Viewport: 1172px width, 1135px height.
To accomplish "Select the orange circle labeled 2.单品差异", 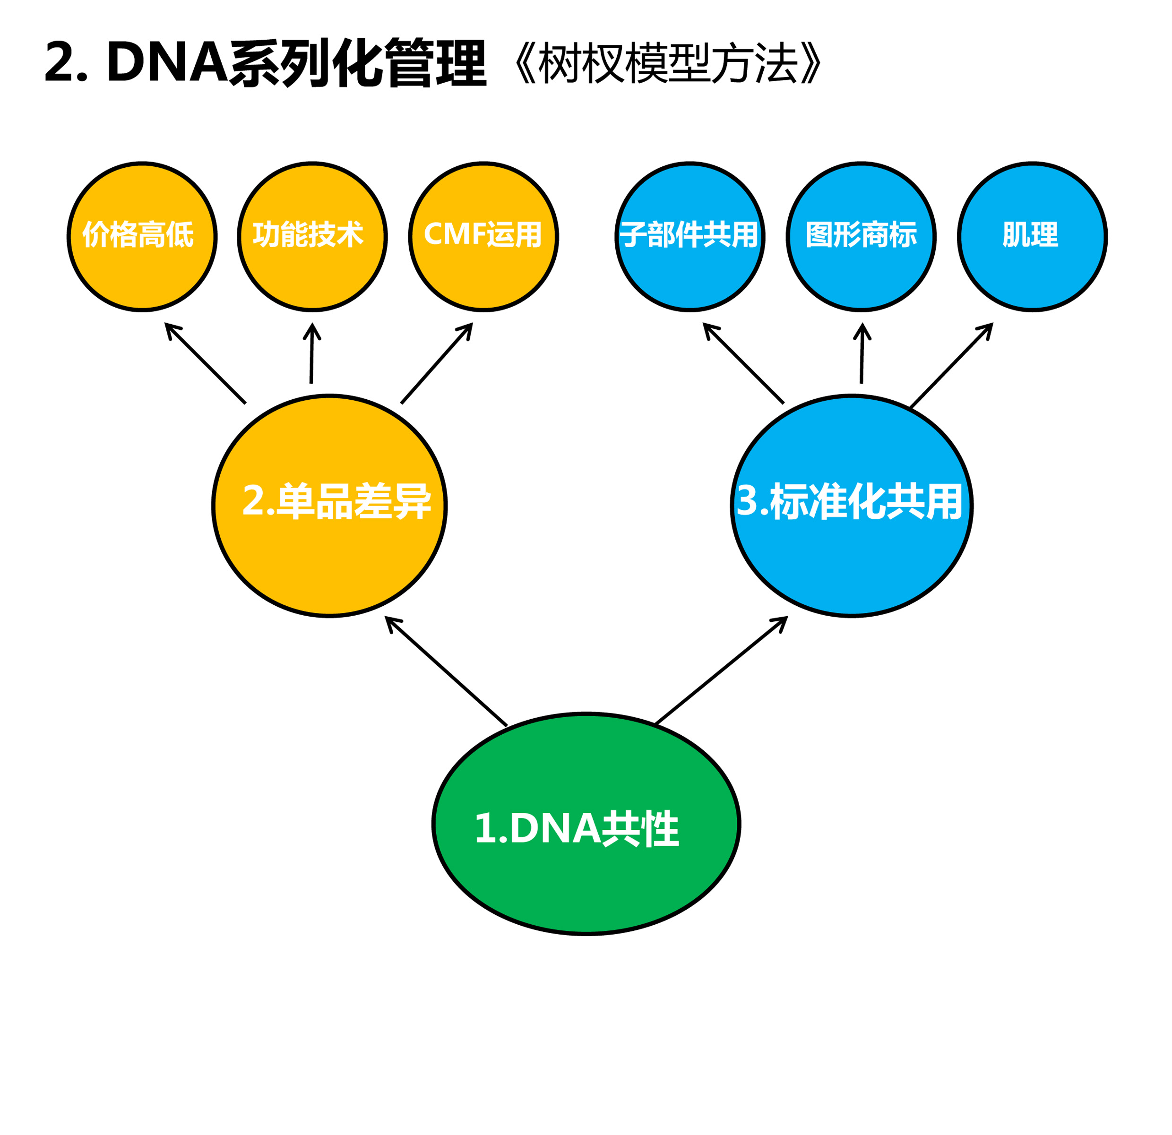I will click(x=329, y=505).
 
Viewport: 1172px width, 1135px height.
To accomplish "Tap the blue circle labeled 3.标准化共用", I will click(x=852, y=505).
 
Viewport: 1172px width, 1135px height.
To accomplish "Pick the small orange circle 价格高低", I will click(x=142, y=237).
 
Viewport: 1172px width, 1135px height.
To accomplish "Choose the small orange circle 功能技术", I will click(x=312, y=237).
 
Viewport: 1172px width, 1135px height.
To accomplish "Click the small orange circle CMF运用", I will click(x=483, y=237).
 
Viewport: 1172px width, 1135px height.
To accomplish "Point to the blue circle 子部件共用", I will click(x=689, y=237).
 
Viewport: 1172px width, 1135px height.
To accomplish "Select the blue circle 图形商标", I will click(x=861, y=237).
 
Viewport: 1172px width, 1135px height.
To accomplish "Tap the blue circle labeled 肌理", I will click(x=1032, y=237).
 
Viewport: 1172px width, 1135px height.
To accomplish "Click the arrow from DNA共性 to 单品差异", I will click(x=446, y=671).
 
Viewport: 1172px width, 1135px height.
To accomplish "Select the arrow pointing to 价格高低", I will click(x=205, y=363).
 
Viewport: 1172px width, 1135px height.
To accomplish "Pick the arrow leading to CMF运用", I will click(x=437, y=363).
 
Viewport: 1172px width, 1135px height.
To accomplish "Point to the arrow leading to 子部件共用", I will click(x=743, y=363).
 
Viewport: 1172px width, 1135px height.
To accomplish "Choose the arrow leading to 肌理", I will click(x=951, y=365).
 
